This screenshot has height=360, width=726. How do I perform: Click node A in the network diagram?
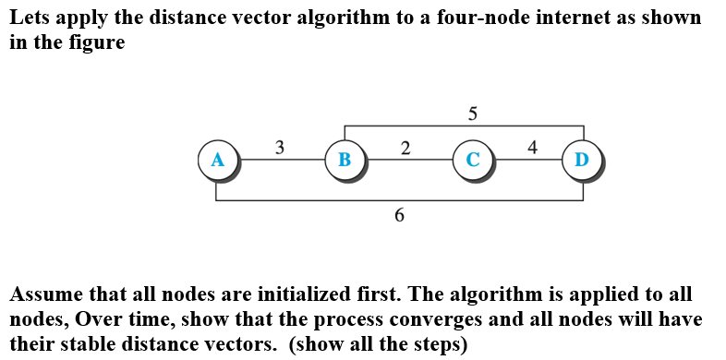tap(217, 159)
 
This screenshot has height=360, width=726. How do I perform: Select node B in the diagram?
tap(345, 159)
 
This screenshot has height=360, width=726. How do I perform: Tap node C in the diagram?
tap(472, 159)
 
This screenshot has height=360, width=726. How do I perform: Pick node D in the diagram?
tap(582, 159)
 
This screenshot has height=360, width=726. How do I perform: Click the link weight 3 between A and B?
tap(280, 146)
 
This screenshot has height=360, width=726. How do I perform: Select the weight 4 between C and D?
tap(531, 146)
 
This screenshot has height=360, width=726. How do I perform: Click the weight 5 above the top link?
tap(473, 114)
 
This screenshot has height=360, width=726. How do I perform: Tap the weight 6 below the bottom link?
tap(399, 215)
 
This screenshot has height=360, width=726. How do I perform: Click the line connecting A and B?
tap(281, 160)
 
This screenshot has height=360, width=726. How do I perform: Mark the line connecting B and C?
tap(408, 160)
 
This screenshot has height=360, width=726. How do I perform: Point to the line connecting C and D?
tap(527, 160)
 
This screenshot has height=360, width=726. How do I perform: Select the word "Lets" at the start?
tap(28, 18)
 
